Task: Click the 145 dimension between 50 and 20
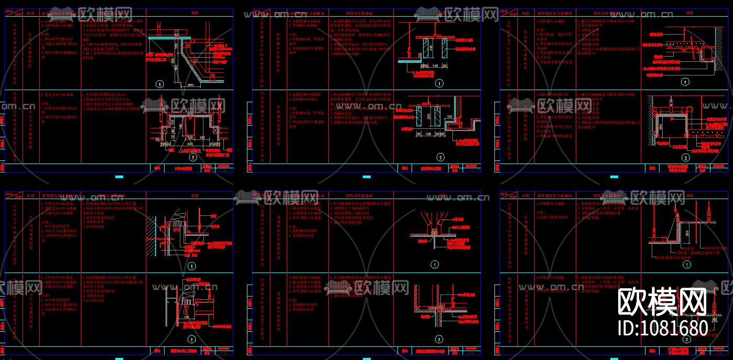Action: pyautogui.click(x=436, y=67)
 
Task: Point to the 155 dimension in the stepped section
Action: pyautogui.click(x=181, y=126)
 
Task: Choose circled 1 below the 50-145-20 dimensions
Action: pyautogui.click(x=439, y=83)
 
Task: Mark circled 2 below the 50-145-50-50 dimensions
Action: pyautogui.click(x=440, y=157)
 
